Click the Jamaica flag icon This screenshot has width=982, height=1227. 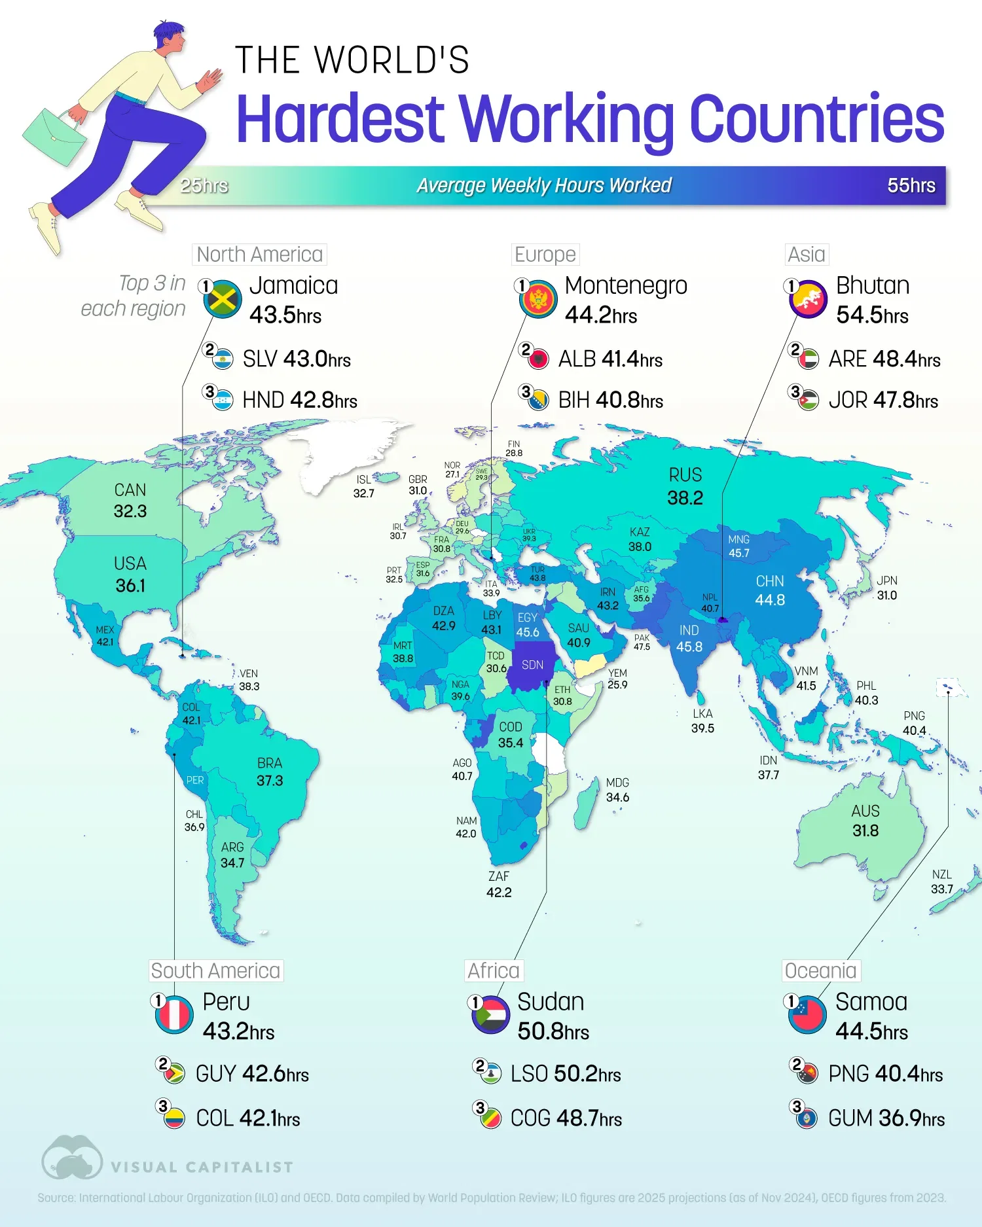(x=223, y=300)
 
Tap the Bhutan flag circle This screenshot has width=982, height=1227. (x=808, y=300)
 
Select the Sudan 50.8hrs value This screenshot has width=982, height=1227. (x=553, y=1031)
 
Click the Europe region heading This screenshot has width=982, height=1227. (x=545, y=255)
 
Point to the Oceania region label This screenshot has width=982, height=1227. (x=820, y=970)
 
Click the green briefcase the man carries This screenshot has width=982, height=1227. (x=54, y=137)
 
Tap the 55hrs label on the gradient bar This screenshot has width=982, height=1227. (x=911, y=186)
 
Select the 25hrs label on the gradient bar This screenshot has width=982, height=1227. (x=204, y=186)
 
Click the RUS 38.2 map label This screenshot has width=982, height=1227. (x=685, y=486)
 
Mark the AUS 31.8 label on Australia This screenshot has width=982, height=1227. (x=865, y=821)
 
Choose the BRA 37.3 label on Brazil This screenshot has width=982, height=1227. (x=269, y=772)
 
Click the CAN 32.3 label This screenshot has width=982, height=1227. (x=130, y=501)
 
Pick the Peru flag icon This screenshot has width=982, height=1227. (x=174, y=1015)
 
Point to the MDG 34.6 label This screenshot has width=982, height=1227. (x=617, y=790)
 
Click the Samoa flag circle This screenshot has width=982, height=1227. (x=807, y=1015)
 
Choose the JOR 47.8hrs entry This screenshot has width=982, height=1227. (x=882, y=400)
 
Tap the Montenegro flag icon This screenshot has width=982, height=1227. (x=538, y=300)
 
